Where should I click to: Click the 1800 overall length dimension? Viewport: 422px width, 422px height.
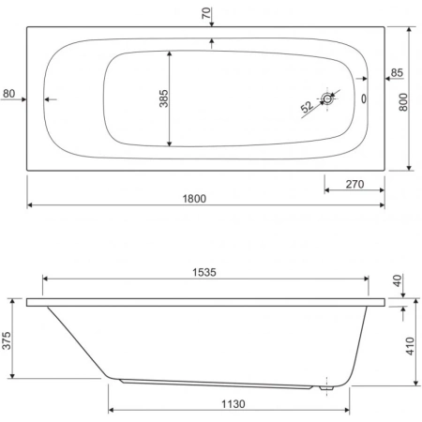[x=194, y=199]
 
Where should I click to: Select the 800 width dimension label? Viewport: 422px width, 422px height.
[x=403, y=102]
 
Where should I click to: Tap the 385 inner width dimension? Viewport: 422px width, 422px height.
[x=163, y=98]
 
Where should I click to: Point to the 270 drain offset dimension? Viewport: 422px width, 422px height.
[x=354, y=184]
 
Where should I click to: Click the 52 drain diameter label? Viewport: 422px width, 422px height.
[x=307, y=107]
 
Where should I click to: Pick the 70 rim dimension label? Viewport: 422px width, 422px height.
[x=206, y=13]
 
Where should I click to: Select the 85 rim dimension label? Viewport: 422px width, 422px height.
[x=397, y=72]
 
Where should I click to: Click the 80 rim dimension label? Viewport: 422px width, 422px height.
[x=8, y=93]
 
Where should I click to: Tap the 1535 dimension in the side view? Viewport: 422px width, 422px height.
[x=204, y=272]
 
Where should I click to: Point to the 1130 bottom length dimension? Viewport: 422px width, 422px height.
[x=234, y=404]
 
